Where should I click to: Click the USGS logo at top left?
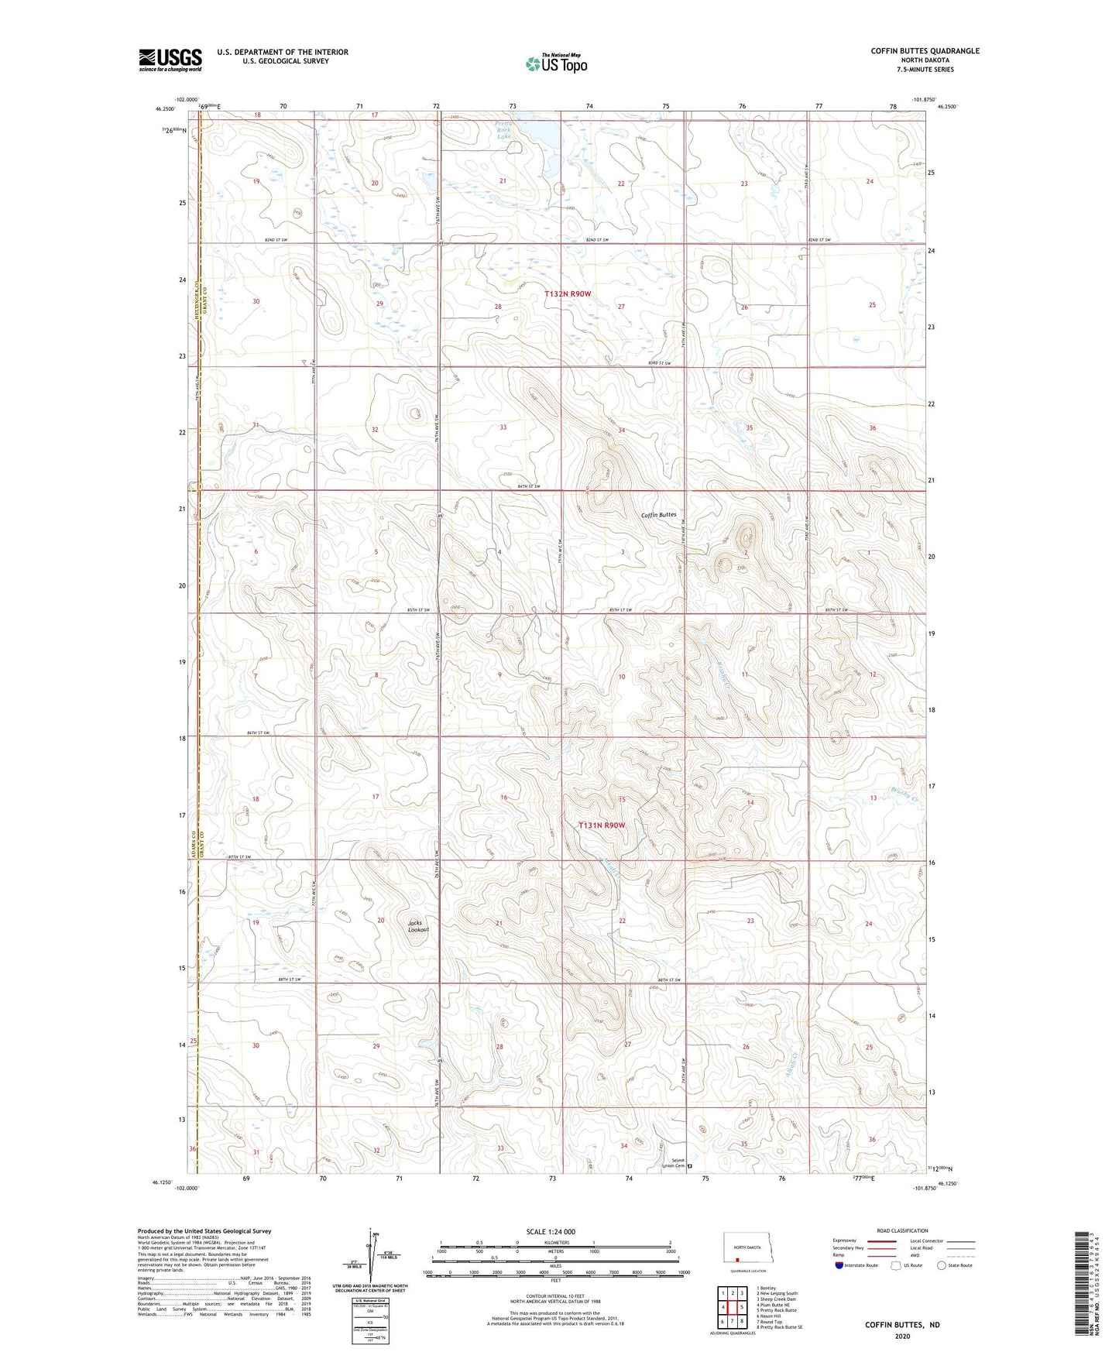tap(170, 60)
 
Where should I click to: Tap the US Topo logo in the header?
tap(556, 63)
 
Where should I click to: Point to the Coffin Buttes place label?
tap(658, 515)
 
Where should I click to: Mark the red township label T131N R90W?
tap(601, 825)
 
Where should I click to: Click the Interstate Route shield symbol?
tap(839, 1265)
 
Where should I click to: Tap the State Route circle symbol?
tap(942, 1265)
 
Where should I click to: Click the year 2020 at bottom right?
tap(902, 1336)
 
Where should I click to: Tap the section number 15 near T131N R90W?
tap(622, 799)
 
